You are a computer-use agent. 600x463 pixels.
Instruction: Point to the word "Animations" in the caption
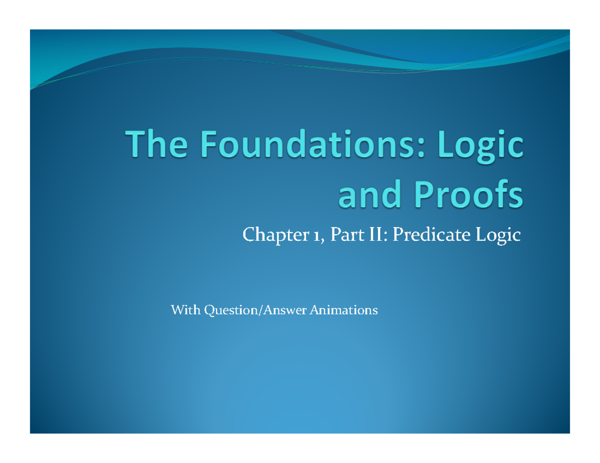[x=343, y=311]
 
